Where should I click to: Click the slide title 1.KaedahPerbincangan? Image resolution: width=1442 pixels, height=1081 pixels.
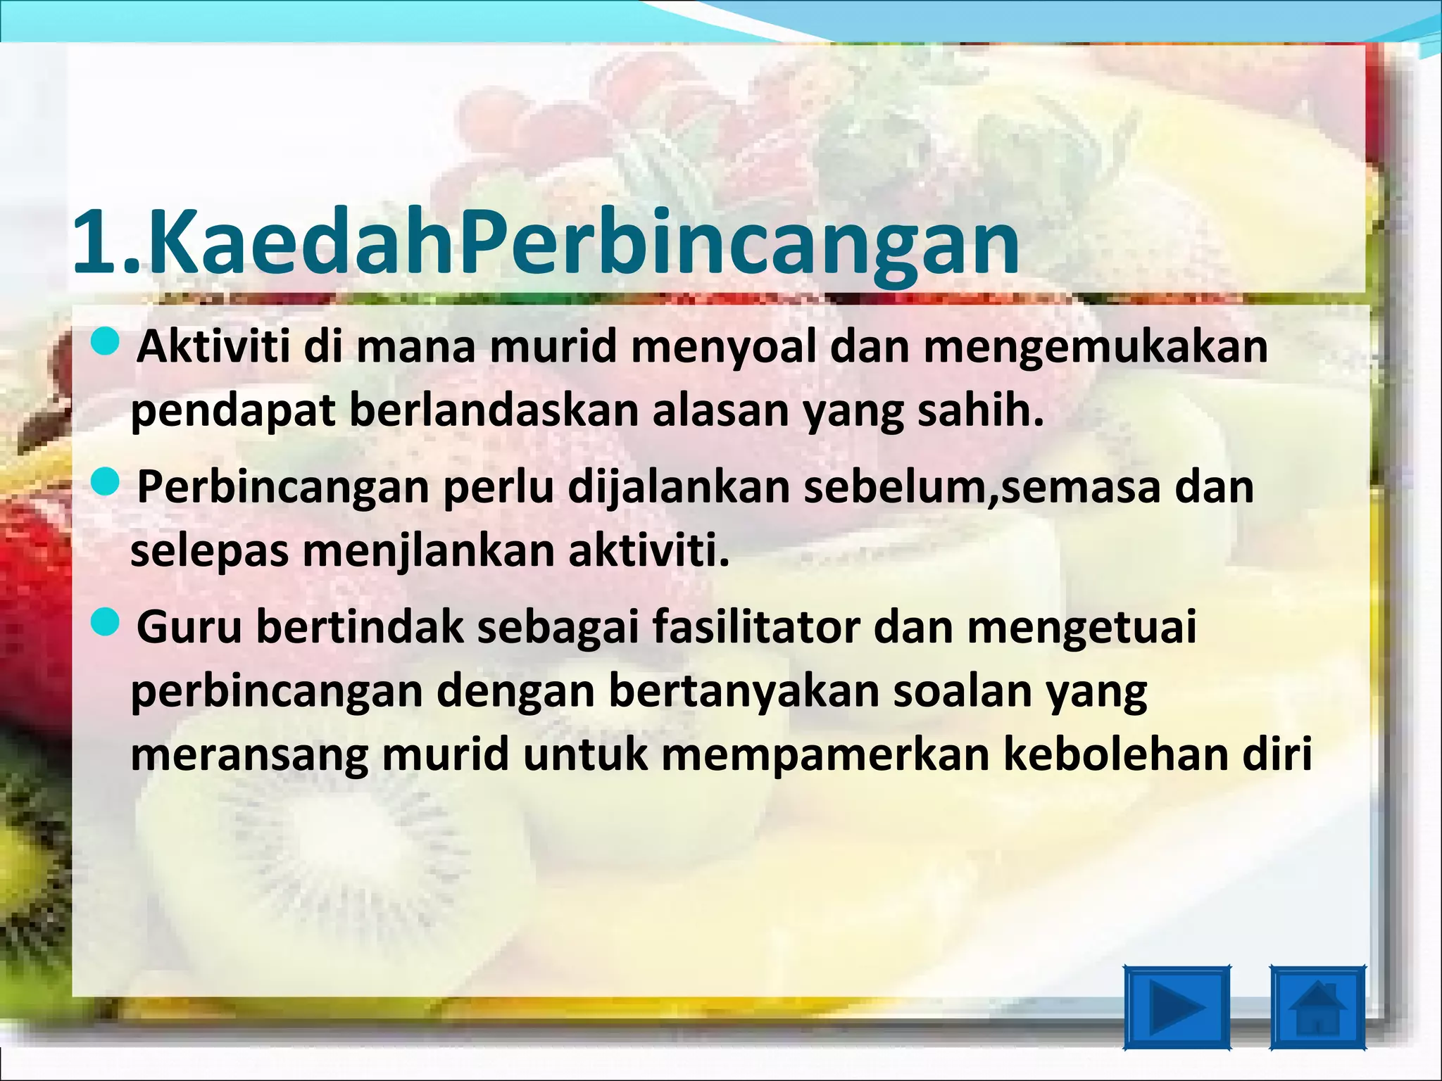[x=546, y=243]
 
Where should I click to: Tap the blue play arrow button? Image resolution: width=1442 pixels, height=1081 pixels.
[x=1177, y=1007]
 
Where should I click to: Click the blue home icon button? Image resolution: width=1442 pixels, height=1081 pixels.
[x=1317, y=1007]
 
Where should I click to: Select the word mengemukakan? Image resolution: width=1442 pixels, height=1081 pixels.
[x=1095, y=348]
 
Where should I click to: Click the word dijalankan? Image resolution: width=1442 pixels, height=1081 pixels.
[x=679, y=487]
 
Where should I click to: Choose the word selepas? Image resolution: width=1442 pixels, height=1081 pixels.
[x=209, y=552]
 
